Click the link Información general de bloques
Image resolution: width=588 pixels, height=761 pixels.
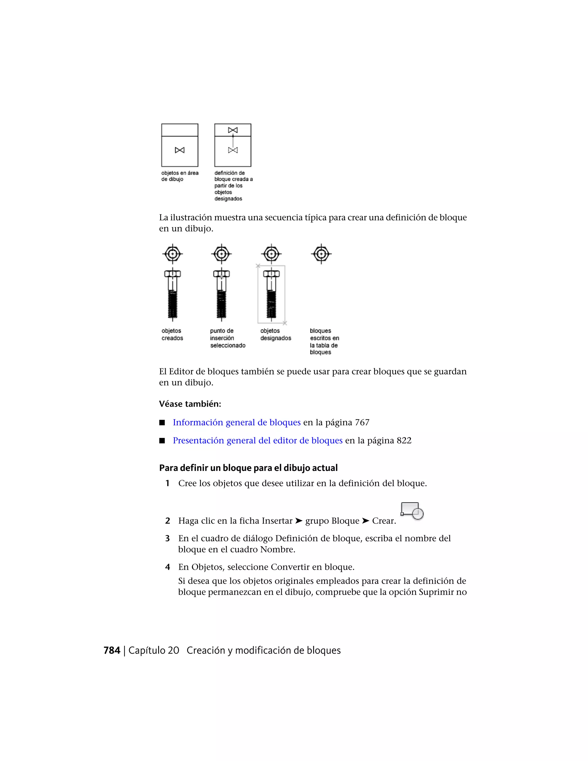237,422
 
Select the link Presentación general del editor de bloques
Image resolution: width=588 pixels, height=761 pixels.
258,441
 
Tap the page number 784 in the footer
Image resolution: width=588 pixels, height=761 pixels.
112,650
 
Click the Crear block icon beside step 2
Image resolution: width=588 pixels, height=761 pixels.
412,511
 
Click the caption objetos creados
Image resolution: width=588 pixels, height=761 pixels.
172,335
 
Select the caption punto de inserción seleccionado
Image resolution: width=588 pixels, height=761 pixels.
227,338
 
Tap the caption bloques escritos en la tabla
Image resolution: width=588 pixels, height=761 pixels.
324,341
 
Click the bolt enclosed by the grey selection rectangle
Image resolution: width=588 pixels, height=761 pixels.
271,294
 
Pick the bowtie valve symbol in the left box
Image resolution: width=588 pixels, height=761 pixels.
180,150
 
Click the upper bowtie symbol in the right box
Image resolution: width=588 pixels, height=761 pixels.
233,130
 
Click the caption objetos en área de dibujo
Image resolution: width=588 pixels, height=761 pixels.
180,176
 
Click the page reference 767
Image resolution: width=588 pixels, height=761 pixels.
362,422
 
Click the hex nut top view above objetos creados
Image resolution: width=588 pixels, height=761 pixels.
173,254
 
